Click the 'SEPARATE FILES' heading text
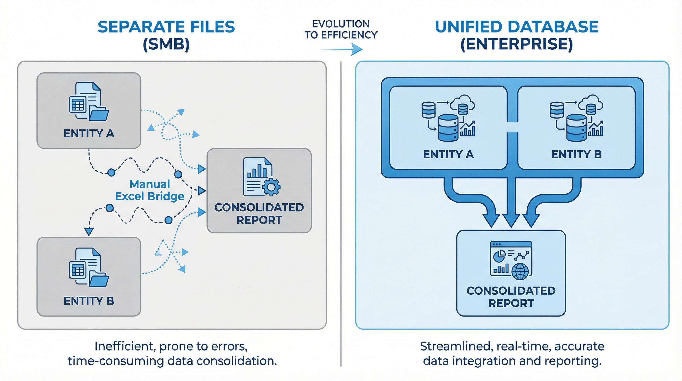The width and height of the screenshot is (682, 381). coord(166,27)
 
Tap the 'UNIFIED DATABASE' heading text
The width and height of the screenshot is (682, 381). coord(516,27)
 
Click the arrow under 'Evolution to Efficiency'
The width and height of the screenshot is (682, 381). coord(341,49)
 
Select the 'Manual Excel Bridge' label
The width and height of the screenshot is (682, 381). coord(150,190)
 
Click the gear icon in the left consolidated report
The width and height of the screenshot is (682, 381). coord(271,187)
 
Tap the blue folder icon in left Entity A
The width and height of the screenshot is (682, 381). coord(98,113)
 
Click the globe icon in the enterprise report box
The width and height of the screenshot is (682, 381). coord(520,271)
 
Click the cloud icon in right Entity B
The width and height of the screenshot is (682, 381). coord(591,104)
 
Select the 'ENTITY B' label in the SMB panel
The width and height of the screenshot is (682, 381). coord(89,301)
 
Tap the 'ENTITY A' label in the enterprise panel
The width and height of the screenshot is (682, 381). coord(448,154)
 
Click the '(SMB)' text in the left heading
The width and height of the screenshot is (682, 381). coord(166,44)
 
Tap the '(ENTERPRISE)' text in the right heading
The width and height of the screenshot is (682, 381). coord(516,44)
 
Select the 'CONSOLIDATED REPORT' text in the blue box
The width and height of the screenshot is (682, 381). coord(511,297)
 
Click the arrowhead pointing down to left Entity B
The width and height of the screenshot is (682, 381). coord(89,231)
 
